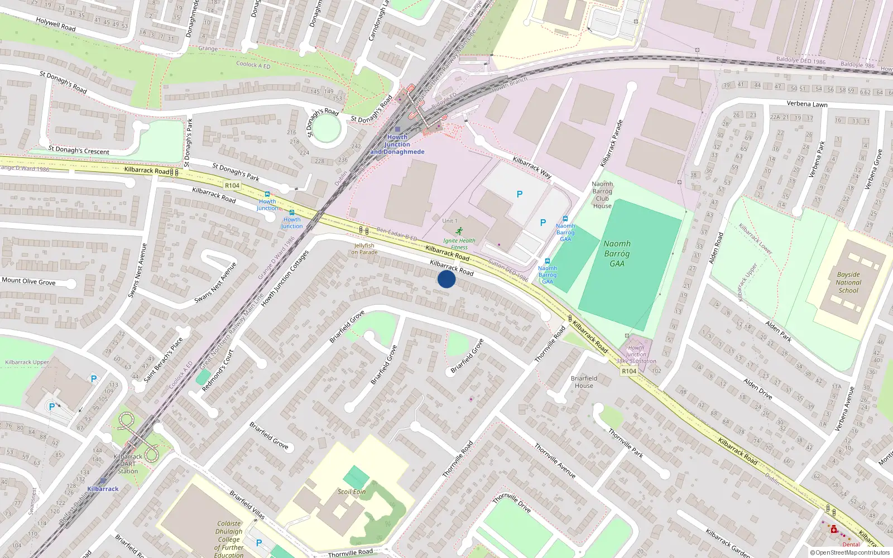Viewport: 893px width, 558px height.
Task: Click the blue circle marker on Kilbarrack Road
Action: click(446, 279)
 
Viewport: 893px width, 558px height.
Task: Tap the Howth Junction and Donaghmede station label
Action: click(397, 145)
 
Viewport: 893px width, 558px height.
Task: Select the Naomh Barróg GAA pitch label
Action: click(617, 253)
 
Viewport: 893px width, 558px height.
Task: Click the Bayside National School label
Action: click(848, 282)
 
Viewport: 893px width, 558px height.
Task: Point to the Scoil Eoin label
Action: click(352, 492)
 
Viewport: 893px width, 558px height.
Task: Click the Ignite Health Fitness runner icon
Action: click(459, 231)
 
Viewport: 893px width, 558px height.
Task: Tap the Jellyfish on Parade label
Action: click(364, 249)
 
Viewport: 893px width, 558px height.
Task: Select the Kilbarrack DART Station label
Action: click(128, 464)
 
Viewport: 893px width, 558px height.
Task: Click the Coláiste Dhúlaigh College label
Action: click(229, 539)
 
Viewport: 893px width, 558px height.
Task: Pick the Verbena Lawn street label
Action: click(807, 104)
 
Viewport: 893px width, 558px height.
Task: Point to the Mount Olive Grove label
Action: click(28, 281)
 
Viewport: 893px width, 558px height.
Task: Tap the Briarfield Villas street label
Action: click(247, 504)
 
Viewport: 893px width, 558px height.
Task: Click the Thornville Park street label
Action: click(626, 443)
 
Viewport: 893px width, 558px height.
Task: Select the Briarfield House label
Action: click(584, 382)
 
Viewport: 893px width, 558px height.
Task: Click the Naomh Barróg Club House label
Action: click(602, 195)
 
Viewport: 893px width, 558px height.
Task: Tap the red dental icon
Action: click(834, 530)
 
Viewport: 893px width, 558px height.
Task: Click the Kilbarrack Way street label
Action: click(532, 167)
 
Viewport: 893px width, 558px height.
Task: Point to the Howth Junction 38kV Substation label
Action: click(636, 354)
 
